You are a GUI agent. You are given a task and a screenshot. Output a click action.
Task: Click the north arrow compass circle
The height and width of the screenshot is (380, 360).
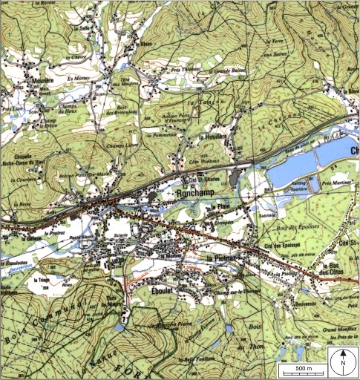(x=344, y=364)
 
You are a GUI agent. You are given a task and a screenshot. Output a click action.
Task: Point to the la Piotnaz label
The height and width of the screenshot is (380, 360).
(x=220, y=258)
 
